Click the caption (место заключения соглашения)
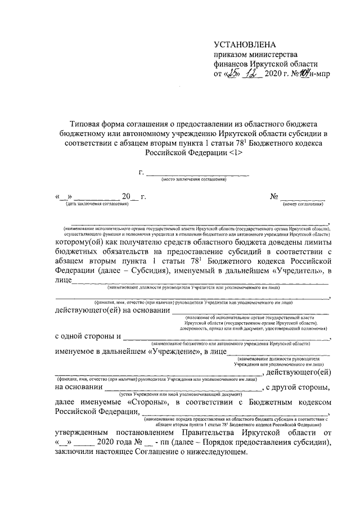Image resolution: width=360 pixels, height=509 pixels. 194,179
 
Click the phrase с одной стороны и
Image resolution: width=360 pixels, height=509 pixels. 88,337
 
